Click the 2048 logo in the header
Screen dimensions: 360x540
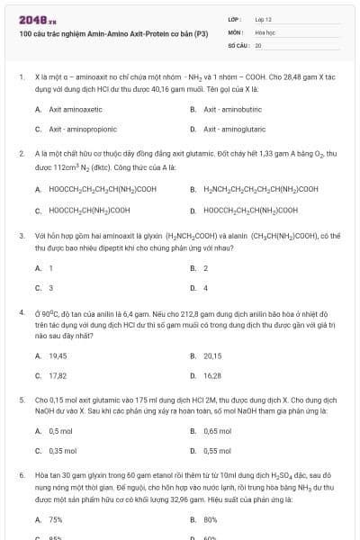click(x=32, y=19)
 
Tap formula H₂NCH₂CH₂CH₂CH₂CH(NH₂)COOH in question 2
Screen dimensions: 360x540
click(x=255, y=189)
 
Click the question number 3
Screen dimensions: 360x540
click(x=22, y=236)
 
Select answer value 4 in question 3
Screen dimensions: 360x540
click(x=205, y=288)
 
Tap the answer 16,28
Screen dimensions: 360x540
click(x=212, y=375)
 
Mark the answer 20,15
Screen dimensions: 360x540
click(x=212, y=355)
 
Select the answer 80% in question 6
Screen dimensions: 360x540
click(x=211, y=519)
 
